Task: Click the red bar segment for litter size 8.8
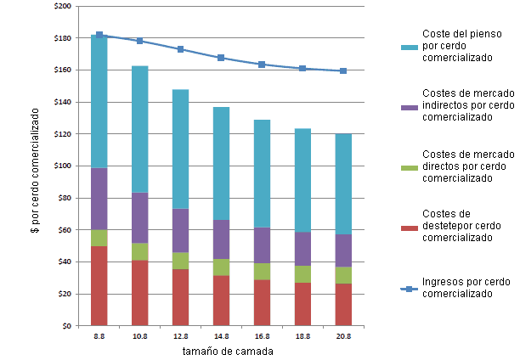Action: pos(99,285)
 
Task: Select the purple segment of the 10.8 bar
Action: pos(140,217)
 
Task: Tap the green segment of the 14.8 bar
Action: pos(221,267)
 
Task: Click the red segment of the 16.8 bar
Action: pos(262,302)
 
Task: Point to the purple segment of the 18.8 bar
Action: pos(302,249)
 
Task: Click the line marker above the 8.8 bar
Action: pos(99,35)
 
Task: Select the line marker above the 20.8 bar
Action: pos(342,70)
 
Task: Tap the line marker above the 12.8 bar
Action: pos(180,49)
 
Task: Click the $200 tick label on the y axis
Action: pos(62,6)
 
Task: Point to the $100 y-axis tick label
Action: pos(62,166)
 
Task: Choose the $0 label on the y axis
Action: pos(66,325)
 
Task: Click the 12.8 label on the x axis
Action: pos(180,337)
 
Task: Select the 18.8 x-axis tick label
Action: pos(302,337)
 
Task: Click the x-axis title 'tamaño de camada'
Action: pos(222,352)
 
